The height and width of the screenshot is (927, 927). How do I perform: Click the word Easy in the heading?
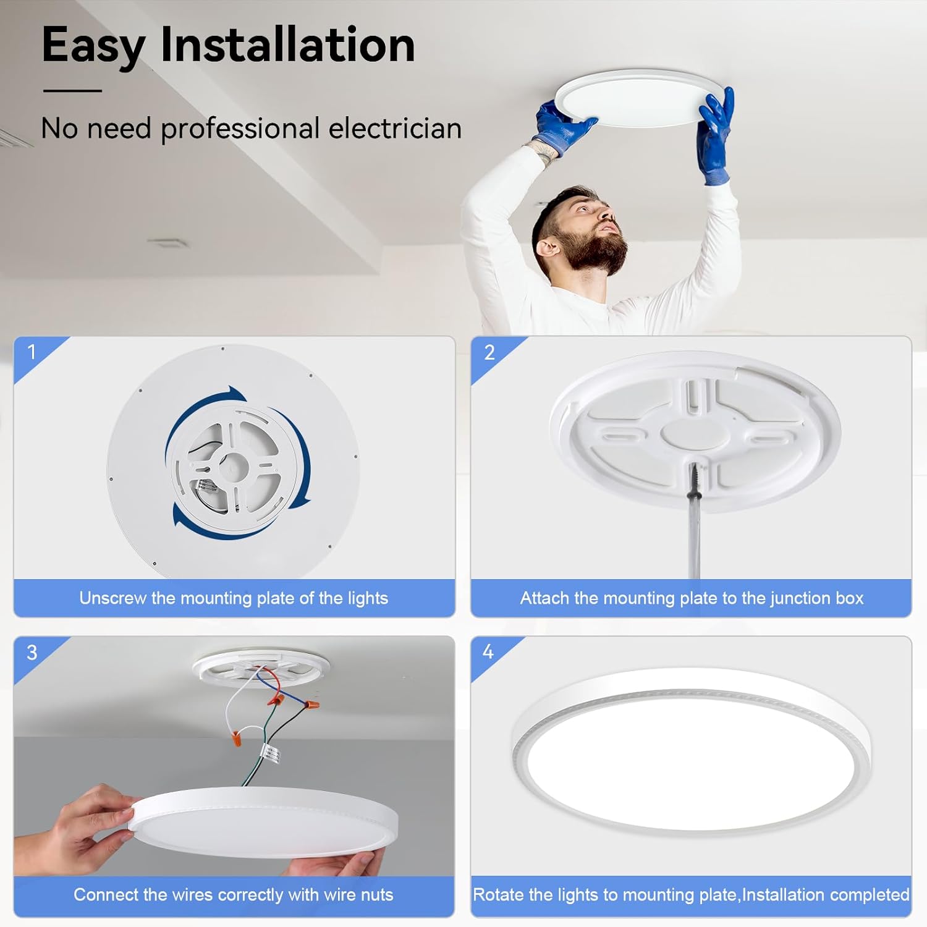93,46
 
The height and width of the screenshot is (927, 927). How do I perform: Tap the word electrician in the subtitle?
395,129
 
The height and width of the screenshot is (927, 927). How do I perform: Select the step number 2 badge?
489,352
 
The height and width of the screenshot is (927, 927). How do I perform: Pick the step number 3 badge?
32,653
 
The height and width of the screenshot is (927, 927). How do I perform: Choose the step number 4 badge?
488,652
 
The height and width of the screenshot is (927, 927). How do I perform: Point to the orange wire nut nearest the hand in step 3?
235,738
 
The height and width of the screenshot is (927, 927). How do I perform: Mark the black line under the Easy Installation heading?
72,91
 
